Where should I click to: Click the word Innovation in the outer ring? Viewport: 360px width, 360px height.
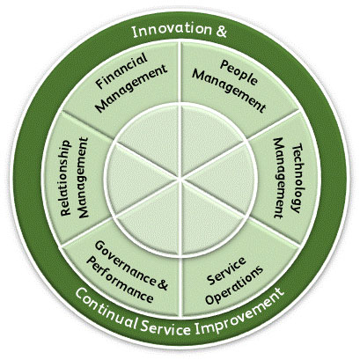(x=172, y=30)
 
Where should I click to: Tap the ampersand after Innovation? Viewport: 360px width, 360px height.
(x=222, y=31)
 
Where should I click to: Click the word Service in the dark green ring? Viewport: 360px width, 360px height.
(x=165, y=327)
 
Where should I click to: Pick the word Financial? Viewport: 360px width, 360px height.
(x=121, y=70)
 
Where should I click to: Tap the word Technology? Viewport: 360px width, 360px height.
(x=297, y=178)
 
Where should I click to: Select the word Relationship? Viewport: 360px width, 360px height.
(x=66, y=178)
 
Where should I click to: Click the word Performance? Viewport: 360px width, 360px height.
(x=120, y=279)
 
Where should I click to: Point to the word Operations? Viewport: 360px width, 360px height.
(x=234, y=284)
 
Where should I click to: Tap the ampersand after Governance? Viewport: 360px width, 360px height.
(x=164, y=283)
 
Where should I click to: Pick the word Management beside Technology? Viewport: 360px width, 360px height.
(x=278, y=178)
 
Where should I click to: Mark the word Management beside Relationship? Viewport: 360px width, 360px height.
(x=83, y=178)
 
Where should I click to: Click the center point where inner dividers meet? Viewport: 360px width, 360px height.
(x=180, y=179)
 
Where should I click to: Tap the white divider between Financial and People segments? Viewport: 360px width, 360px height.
(x=180, y=72)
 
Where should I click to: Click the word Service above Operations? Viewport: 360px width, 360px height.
(x=226, y=270)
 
